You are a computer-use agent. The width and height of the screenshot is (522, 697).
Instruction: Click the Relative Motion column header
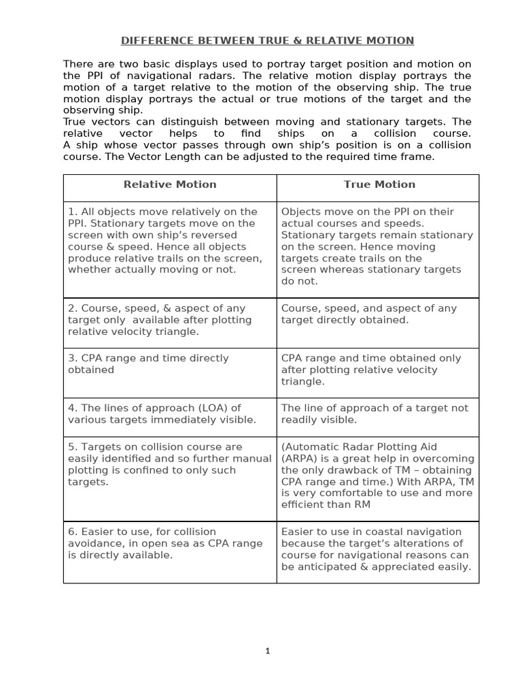pyautogui.click(x=170, y=184)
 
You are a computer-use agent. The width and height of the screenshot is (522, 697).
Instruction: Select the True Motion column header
pyautogui.click(x=379, y=184)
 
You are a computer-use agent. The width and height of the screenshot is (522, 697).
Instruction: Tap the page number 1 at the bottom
pyautogui.click(x=268, y=651)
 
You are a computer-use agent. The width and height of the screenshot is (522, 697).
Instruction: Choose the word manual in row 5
pyautogui.click(x=252, y=459)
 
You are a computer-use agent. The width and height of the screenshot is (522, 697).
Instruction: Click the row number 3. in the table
pyautogui.click(x=73, y=358)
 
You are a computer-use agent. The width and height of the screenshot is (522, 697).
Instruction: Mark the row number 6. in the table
pyautogui.click(x=73, y=532)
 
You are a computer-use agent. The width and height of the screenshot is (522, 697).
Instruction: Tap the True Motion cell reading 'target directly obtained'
pyautogui.click(x=345, y=320)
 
